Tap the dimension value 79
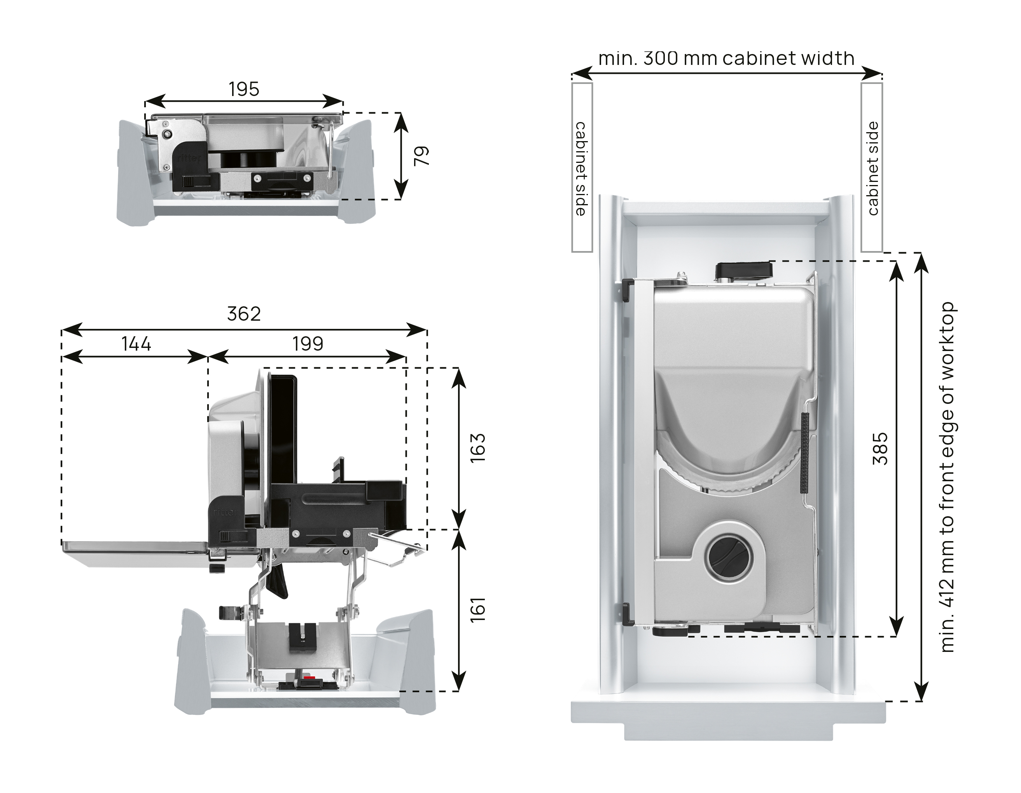click(x=422, y=156)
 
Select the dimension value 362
click(x=243, y=314)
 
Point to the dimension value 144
click(x=136, y=344)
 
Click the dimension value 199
click(x=308, y=344)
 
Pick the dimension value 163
click(x=478, y=448)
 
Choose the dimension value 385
click(x=880, y=448)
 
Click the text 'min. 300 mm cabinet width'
click(x=726, y=59)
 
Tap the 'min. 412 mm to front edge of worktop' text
click(x=947, y=477)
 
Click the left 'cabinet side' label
click(x=581, y=169)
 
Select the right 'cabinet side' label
click(x=873, y=169)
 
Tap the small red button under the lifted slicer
click(x=308, y=677)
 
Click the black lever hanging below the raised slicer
click(x=279, y=582)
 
